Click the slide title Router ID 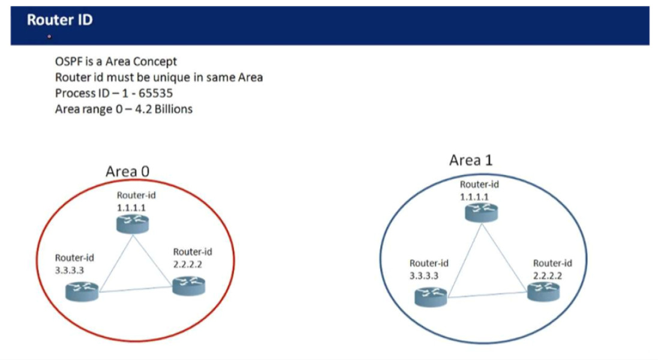[59, 20]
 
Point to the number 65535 [155, 93]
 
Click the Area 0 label [127, 171]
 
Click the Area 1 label [471, 160]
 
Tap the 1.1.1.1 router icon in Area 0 [133, 224]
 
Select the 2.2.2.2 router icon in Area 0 [189, 286]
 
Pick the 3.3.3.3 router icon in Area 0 [82, 292]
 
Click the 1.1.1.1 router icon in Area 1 [481, 212]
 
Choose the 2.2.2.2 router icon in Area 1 [543, 292]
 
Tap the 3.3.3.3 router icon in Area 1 [431, 297]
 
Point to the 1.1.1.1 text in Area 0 [131, 208]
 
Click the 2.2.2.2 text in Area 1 [547, 275]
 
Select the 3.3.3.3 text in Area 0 [69, 270]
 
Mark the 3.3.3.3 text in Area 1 [424, 275]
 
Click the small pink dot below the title [49, 37]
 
